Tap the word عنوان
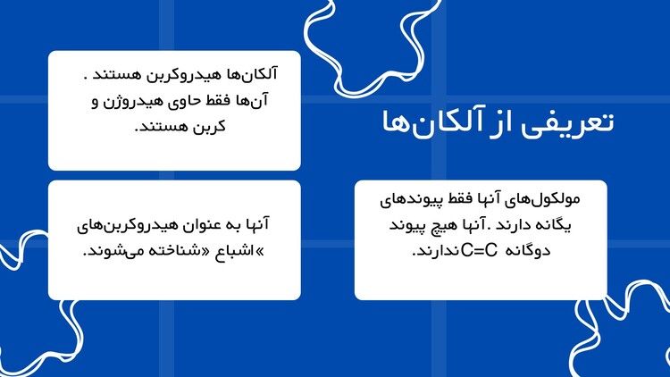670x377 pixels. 207,225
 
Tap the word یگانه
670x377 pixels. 550,225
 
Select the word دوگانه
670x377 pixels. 528,251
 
